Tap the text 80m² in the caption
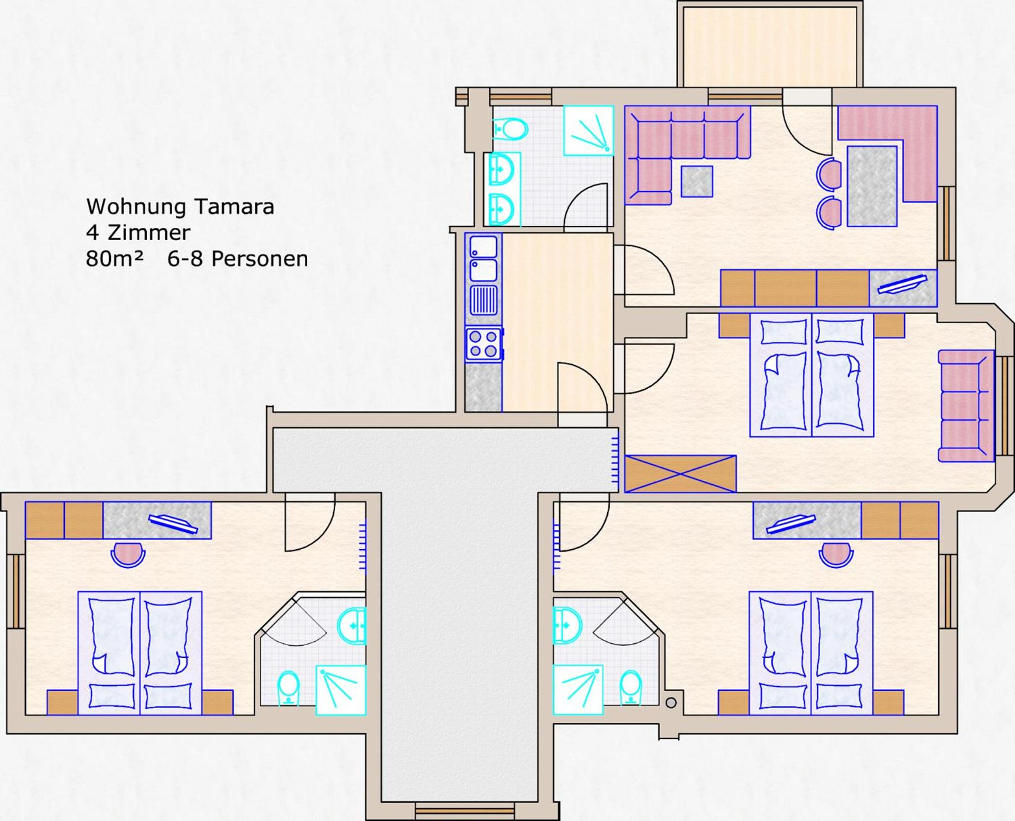114,258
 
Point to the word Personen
260,258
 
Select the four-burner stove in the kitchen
484,344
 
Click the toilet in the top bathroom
510,130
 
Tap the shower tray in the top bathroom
589,130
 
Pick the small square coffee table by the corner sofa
697,182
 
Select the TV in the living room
902,284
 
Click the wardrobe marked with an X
680,474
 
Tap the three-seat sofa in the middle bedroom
966,406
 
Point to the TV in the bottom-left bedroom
173,523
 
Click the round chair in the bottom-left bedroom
128,555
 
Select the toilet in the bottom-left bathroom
288,687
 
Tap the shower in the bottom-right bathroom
578,690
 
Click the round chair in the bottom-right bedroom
836,555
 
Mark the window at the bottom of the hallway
464,812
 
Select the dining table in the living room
872,186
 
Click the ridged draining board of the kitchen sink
484,300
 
